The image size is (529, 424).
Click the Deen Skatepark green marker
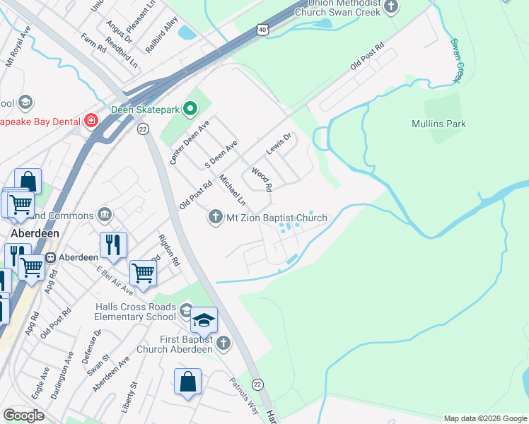pos(190,109)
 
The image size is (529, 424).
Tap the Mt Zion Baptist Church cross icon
pos(216,217)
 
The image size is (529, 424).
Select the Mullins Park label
pos(438,124)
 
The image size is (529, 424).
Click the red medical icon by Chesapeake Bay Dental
pos(91,121)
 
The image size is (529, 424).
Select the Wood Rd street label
pos(261,179)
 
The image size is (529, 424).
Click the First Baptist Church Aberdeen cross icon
pos(223,343)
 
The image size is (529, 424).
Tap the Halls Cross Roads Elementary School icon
pos(185,310)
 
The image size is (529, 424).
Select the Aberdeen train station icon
pos(51,257)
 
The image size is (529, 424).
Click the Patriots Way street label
pos(244,393)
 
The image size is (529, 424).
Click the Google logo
pos(23,416)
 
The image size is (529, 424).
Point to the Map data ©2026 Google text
pos(484,418)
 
